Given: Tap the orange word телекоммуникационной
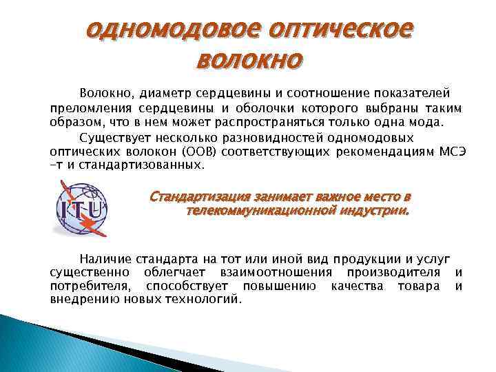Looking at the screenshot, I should point(248,211).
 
